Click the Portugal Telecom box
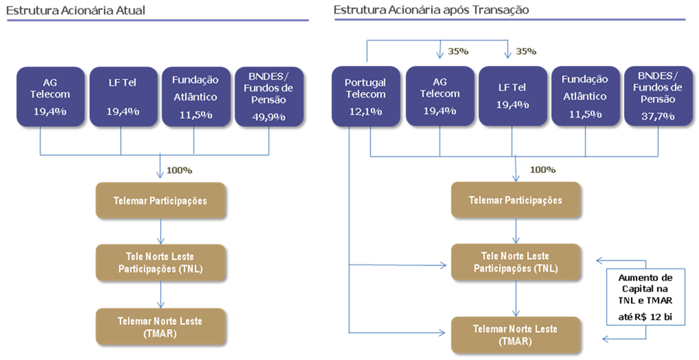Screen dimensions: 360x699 click(365, 96)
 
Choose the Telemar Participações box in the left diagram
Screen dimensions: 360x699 click(160, 201)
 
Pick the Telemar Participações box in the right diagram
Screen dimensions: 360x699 click(515, 201)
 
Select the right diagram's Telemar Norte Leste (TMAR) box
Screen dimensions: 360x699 click(515, 335)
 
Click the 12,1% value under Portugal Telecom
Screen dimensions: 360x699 click(365, 111)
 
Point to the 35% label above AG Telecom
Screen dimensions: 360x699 click(458, 51)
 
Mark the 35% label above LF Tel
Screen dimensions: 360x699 click(526, 51)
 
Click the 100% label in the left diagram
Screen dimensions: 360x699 click(179, 170)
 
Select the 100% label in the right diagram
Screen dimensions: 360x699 click(542, 170)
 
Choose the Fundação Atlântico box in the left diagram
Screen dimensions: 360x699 click(196, 96)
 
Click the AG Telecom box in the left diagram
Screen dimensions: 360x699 click(51, 96)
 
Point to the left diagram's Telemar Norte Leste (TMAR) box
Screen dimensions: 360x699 click(160, 326)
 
